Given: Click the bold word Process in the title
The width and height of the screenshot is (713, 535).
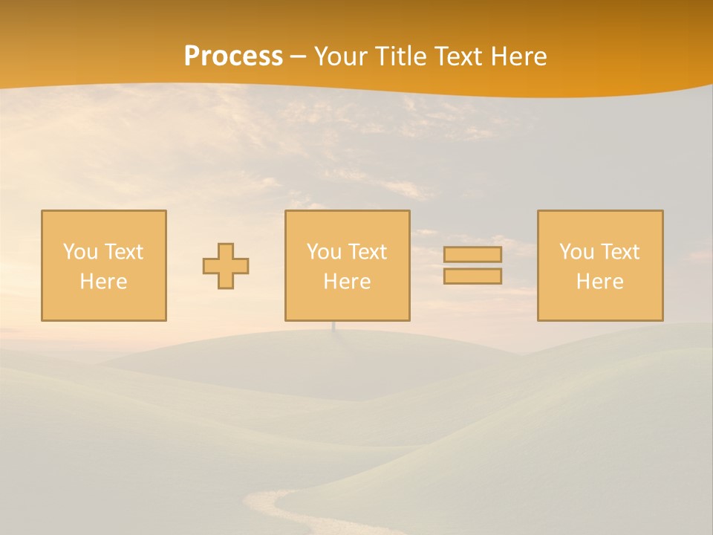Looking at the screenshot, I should tap(233, 56).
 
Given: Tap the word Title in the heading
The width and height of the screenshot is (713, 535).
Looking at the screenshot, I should tap(404, 56).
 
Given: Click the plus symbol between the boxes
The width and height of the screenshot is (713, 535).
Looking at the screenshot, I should tap(226, 266).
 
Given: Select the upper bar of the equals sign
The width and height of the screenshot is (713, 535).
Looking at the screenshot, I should tap(472, 254).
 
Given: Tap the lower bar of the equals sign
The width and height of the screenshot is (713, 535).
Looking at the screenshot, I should tap(472, 276).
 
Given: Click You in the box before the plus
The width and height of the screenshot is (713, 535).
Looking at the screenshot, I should tap(80, 252).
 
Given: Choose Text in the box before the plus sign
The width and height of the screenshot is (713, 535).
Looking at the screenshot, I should tap(123, 252).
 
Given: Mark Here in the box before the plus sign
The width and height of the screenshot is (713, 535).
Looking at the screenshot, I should tap(103, 282).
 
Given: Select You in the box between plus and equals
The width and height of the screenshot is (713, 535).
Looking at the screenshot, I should tap(324, 252).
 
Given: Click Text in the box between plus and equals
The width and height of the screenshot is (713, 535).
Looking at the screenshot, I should tap(367, 252).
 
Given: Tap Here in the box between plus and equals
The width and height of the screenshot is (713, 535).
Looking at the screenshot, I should tap(347, 282).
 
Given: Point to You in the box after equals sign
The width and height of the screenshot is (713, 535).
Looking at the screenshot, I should tap(576, 252).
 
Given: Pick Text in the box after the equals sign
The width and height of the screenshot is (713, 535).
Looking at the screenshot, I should tap(619, 252).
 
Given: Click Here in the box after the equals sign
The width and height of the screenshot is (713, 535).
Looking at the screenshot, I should tap(599, 282).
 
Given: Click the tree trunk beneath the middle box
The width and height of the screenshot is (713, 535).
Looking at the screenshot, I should tap(333, 326).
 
